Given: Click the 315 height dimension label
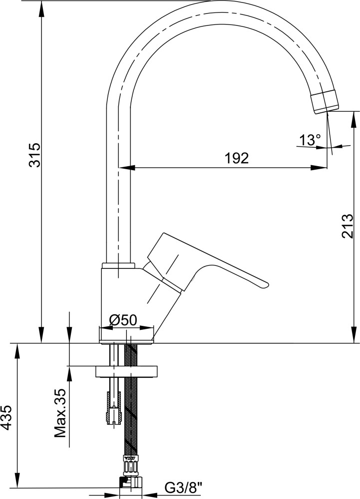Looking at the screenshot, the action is point(34,155).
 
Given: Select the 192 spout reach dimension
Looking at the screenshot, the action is point(237,158).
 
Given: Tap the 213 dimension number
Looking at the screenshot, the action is point(348,226).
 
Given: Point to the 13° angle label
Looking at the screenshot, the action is point(310,140).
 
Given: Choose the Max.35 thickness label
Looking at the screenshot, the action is point(60,413).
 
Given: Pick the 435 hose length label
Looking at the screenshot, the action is point(7,418).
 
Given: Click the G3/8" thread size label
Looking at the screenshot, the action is point(184,487).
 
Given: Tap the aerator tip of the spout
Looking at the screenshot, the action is point(325,101).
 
